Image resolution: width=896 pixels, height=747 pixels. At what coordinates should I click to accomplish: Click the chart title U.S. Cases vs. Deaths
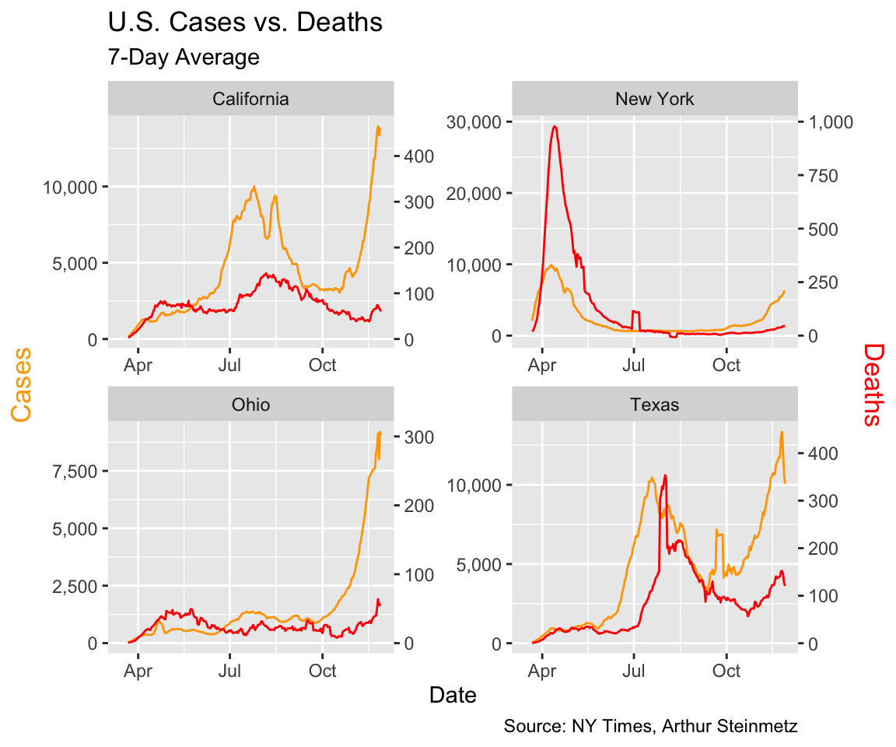245,23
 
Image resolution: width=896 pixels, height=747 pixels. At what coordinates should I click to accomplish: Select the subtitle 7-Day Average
183,58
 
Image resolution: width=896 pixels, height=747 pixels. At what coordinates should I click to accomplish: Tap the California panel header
250,99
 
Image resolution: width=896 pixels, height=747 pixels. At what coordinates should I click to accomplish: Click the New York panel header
654,99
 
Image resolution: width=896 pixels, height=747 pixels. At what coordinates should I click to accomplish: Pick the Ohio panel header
250,405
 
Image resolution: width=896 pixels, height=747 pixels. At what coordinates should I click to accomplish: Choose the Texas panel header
654,405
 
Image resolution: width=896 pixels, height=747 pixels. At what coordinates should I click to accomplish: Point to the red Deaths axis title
873,384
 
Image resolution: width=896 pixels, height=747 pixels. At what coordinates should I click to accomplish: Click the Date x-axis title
453,695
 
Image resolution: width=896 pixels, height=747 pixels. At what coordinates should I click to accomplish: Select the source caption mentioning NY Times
650,727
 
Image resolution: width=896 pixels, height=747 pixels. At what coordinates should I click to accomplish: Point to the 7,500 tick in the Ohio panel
75,472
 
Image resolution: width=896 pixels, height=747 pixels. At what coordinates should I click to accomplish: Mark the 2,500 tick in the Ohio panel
75,586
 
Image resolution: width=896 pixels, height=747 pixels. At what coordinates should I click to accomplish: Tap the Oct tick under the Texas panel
726,670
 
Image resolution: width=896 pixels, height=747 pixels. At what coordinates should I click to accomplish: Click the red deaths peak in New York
555,126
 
